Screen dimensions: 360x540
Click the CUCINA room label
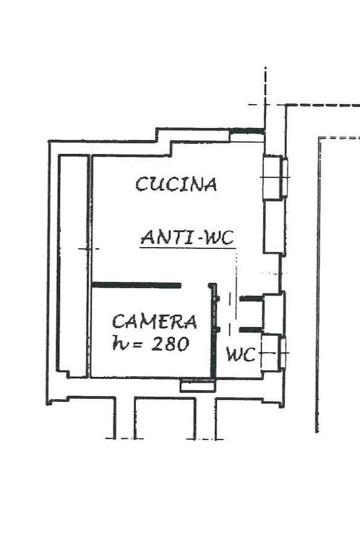coord(176,184)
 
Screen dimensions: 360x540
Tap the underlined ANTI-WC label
coord(188,238)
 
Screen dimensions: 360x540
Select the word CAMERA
coord(154,322)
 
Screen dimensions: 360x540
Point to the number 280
coord(170,344)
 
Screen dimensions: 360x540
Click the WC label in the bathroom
coord(241,354)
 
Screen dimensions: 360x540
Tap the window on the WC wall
coord(283,353)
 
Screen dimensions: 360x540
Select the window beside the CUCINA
coord(285,177)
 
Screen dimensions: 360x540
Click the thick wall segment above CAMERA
coord(136,285)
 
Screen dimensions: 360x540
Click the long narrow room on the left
coord(73,266)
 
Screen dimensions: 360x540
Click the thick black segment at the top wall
coord(247,131)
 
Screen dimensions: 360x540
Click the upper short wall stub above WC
coord(251,299)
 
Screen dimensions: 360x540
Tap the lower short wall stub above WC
coord(251,330)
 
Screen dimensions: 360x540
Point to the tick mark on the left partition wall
coord(89,248)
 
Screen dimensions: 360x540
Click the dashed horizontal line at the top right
coord(323,105)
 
